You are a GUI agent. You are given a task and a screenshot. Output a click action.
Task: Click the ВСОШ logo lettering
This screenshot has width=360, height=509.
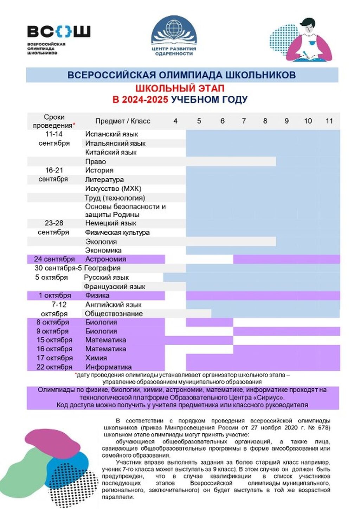pyautogui.click(x=59, y=32)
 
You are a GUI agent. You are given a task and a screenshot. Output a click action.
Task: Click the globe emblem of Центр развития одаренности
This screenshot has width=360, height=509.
pyautogui.click(x=173, y=28)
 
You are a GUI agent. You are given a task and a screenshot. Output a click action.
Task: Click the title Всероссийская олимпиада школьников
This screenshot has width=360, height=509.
pyautogui.click(x=181, y=75)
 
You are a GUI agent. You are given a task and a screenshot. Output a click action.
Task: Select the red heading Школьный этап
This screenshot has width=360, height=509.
pyautogui.click(x=180, y=88)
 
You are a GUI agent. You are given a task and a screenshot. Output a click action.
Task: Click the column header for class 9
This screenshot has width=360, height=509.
pyautogui.click(x=287, y=121)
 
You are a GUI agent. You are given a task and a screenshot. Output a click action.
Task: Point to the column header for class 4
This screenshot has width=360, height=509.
pyautogui.click(x=175, y=121)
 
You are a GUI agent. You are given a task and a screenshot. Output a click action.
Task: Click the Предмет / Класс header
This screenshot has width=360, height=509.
pyautogui.click(x=123, y=121)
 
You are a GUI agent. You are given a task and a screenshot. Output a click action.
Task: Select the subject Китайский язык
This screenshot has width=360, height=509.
pyautogui.click(x=111, y=152)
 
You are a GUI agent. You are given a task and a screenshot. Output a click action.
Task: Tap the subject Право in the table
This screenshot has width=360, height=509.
pyautogui.click(x=95, y=161)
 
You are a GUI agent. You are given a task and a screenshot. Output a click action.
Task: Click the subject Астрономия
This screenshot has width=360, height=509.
pyautogui.click(x=105, y=259)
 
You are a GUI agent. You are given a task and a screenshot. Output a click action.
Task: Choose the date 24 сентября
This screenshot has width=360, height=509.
pyautogui.click(x=54, y=259)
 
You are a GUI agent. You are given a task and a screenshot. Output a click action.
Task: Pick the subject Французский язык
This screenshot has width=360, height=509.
pyautogui.click(x=114, y=287)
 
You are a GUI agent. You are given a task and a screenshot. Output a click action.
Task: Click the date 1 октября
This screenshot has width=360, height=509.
pyautogui.click(x=55, y=295)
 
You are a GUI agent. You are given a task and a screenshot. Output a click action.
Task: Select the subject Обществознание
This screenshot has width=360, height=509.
pyautogui.click(x=114, y=313)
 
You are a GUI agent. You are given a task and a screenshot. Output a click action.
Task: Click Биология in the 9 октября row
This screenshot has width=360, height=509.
pyautogui.click(x=101, y=331)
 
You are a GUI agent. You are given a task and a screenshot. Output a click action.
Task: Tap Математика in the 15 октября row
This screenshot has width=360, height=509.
pyautogui.click(x=105, y=340)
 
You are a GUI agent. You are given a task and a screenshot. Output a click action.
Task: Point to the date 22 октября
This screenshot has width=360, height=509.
pyautogui.click(x=54, y=367)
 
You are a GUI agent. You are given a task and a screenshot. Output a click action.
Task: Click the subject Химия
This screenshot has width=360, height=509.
pyautogui.click(x=96, y=358)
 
